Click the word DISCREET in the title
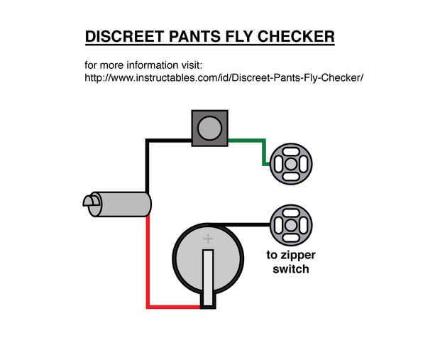125,36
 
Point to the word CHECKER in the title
296,36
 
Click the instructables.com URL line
224,77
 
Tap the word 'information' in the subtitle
152,65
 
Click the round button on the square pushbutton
209,128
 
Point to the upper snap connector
291,164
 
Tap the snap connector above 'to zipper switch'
291,225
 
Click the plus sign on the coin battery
208,239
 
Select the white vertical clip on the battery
208,278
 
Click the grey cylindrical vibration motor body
121,204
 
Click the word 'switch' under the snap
291,269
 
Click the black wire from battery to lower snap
241,224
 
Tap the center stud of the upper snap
291,164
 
